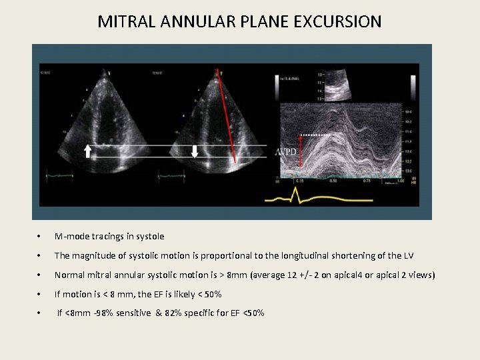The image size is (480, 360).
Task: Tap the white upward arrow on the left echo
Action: click(88, 151)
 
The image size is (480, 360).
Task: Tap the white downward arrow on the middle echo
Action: click(195, 151)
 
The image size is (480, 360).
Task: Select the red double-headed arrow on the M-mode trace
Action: click(300, 152)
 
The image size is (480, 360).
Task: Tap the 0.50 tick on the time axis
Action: click(331, 180)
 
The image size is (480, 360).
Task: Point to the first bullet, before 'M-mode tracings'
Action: click(41, 237)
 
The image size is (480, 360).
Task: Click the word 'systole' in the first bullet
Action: click(151, 237)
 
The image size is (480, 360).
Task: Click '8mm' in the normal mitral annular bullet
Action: click(231, 275)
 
